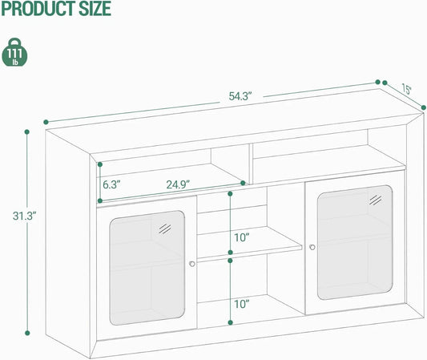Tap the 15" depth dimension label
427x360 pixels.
coord(407,89)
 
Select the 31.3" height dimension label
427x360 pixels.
coord(24,216)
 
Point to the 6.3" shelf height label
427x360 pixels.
coord(111,184)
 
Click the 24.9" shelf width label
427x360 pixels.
coord(178,184)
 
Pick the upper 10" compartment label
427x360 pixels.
coord(242,238)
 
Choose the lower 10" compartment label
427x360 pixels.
coord(242,304)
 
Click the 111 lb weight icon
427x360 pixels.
coord(14,52)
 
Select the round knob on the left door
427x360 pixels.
coord(192,264)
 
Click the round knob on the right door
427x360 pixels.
coord(312,247)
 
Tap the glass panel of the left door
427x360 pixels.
coord(147,268)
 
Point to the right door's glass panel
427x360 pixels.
coord(355,243)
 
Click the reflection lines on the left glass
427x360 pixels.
coord(165,229)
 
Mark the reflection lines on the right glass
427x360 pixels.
coord(376,200)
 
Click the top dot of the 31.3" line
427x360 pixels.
coord(27,132)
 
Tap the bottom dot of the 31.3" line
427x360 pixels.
coord(27,333)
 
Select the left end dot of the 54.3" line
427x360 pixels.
coord(46,122)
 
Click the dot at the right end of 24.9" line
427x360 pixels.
coord(244,183)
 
